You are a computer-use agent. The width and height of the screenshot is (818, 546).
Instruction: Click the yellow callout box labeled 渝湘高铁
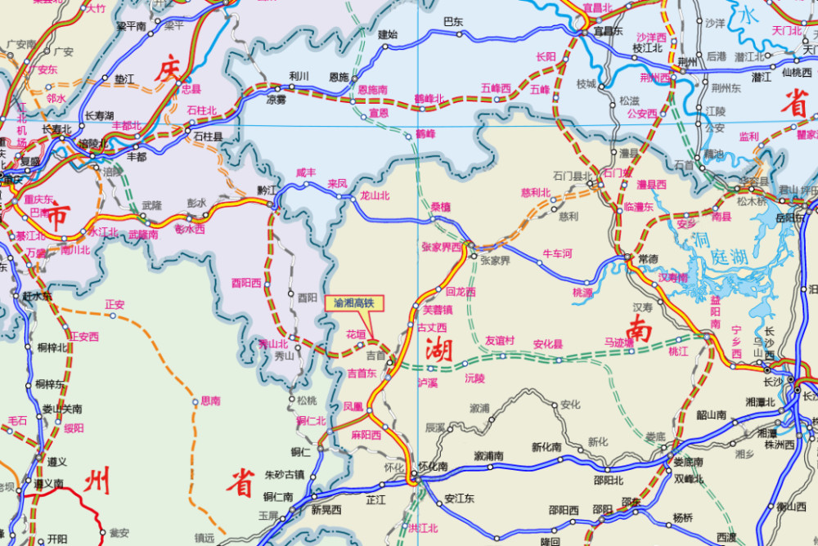click(x=354, y=302)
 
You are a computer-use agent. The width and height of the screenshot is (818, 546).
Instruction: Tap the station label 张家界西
click(x=442, y=246)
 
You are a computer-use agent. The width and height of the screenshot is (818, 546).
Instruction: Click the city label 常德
click(x=647, y=259)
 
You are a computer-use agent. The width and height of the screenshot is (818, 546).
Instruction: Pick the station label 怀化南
click(x=431, y=467)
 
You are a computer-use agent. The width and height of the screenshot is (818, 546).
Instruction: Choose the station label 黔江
click(x=267, y=189)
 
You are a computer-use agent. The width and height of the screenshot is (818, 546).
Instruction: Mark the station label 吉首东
click(x=362, y=373)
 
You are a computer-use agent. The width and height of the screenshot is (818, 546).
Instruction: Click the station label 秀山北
click(x=272, y=343)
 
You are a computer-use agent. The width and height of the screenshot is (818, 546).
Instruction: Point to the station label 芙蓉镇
click(x=437, y=310)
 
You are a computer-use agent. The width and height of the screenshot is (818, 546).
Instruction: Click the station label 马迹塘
click(x=619, y=342)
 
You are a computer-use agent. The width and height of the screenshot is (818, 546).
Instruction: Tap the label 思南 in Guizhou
click(x=210, y=401)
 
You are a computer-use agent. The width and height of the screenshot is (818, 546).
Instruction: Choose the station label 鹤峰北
click(x=429, y=98)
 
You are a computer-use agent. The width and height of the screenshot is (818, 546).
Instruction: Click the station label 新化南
click(x=546, y=447)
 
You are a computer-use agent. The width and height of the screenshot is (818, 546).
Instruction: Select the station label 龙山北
click(x=375, y=196)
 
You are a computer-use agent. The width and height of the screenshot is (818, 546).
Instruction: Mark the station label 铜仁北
click(x=311, y=421)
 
